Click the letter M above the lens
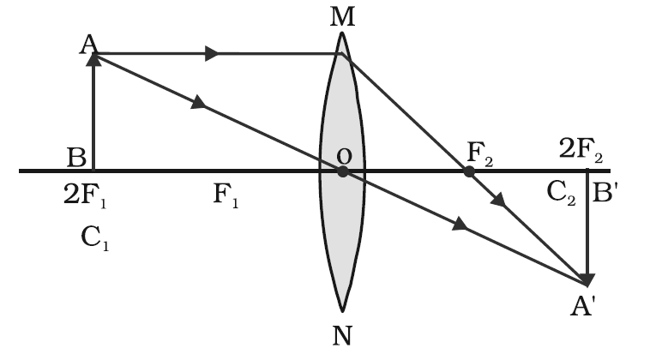pyautogui.click(x=342, y=17)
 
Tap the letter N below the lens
pyautogui.click(x=342, y=335)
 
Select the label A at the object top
pyautogui.click(x=88, y=45)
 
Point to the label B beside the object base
pyautogui.click(x=76, y=157)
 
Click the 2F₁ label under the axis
pyautogui.click(x=85, y=195)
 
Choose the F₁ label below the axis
pyautogui.click(x=226, y=195)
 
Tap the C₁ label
pyautogui.click(x=95, y=237)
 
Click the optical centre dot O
pyautogui.click(x=342, y=171)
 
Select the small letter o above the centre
pyautogui.click(x=344, y=156)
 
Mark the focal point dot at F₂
pyautogui.click(x=469, y=171)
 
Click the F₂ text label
pyautogui.click(x=480, y=153)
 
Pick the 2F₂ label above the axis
pyautogui.click(x=581, y=150)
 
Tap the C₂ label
pyautogui.click(x=561, y=193)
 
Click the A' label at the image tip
pyautogui.click(x=582, y=306)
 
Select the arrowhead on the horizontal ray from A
pyautogui.click(x=212, y=54)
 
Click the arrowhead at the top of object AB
pyautogui.click(x=93, y=60)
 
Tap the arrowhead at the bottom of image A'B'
pyautogui.click(x=587, y=280)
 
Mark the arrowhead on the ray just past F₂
pyautogui.click(x=499, y=200)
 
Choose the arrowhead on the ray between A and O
pyautogui.click(x=199, y=103)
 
